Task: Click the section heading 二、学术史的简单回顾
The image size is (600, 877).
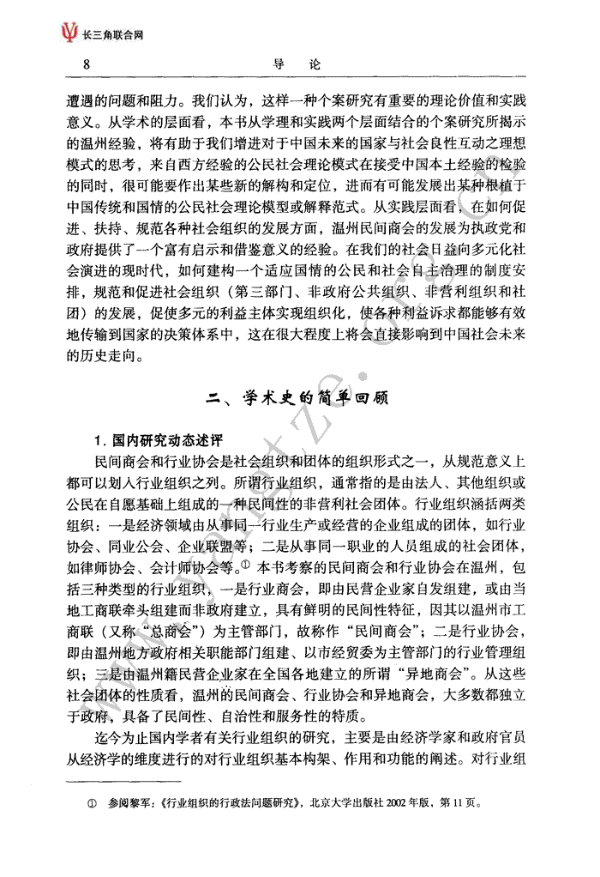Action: click(x=299, y=399)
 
